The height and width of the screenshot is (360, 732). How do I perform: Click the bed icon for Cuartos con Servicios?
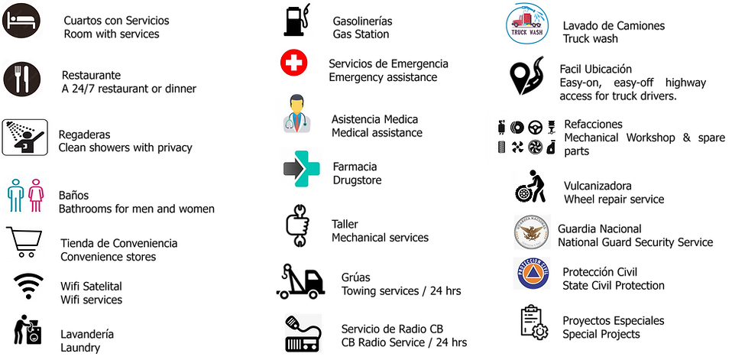[x=21, y=21]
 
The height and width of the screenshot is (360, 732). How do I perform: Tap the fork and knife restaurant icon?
[x=21, y=79]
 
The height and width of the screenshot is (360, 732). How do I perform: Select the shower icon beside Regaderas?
[x=24, y=138]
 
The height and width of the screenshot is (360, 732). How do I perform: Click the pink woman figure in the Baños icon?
[x=36, y=195]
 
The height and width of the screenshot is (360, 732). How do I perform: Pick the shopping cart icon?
[x=24, y=242]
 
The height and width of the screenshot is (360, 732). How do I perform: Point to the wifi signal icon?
[x=28, y=286]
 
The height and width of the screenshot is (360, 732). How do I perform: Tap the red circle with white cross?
[x=293, y=62]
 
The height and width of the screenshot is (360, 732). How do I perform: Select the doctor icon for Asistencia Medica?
[x=296, y=113]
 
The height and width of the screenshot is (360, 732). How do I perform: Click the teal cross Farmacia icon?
[x=302, y=169]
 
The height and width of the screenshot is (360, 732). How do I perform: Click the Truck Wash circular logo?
[x=527, y=24]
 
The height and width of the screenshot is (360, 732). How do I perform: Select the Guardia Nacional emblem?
[x=533, y=232]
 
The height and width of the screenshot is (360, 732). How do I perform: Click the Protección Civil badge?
[x=532, y=273]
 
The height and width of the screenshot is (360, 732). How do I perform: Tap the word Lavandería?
[x=87, y=334]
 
